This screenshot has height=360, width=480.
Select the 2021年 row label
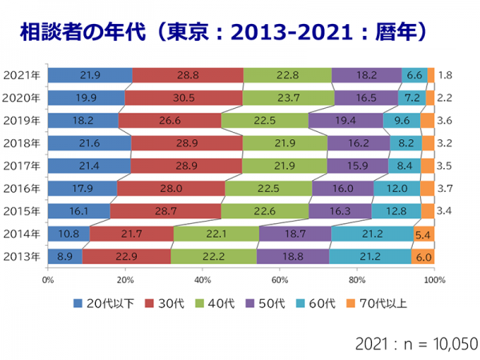click(23, 75)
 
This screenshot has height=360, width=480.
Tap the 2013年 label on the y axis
click(23, 257)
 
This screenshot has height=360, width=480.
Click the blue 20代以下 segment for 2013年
click(64, 257)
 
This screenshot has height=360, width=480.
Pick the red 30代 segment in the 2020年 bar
click(183, 98)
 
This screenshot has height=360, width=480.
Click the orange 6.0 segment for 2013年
click(422, 257)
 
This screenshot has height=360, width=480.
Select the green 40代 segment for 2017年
click(284, 166)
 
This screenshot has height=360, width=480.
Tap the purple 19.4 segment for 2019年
click(345, 120)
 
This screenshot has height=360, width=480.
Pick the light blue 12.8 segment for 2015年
click(395, 211)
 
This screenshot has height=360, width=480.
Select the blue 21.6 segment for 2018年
click(89, 143)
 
